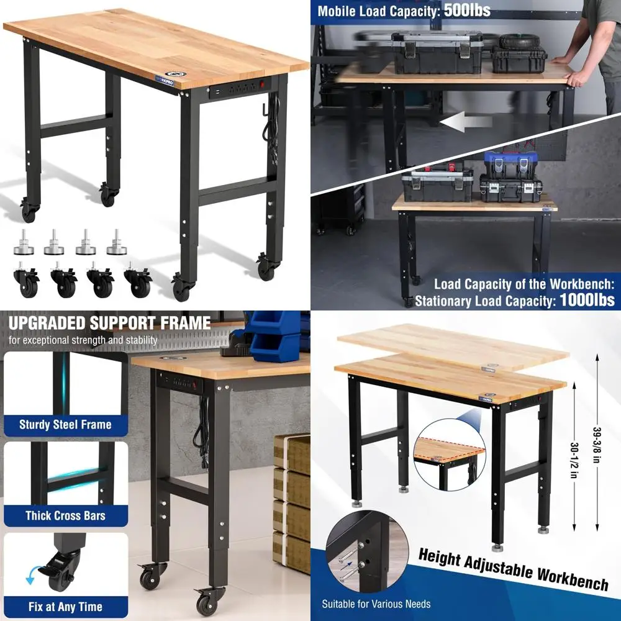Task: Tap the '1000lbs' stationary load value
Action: point(587,300)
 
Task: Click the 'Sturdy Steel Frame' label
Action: point(65,425)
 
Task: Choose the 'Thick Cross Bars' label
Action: point(65,516)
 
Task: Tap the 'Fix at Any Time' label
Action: point(65,607)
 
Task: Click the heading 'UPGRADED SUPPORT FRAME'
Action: point(109,323)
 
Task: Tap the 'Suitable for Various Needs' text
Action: point(376,604)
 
